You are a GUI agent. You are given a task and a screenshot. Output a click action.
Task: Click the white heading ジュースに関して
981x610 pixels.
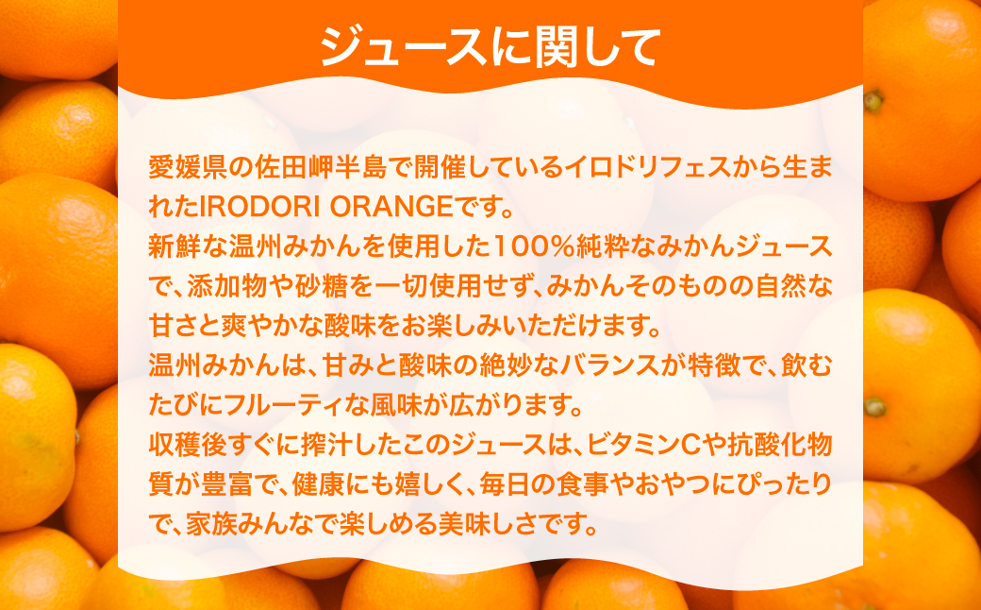[489, 44]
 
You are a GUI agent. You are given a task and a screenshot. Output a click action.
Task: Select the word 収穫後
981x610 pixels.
[190, 445]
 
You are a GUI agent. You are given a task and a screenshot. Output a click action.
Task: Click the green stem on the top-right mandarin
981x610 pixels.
[873, 99]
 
